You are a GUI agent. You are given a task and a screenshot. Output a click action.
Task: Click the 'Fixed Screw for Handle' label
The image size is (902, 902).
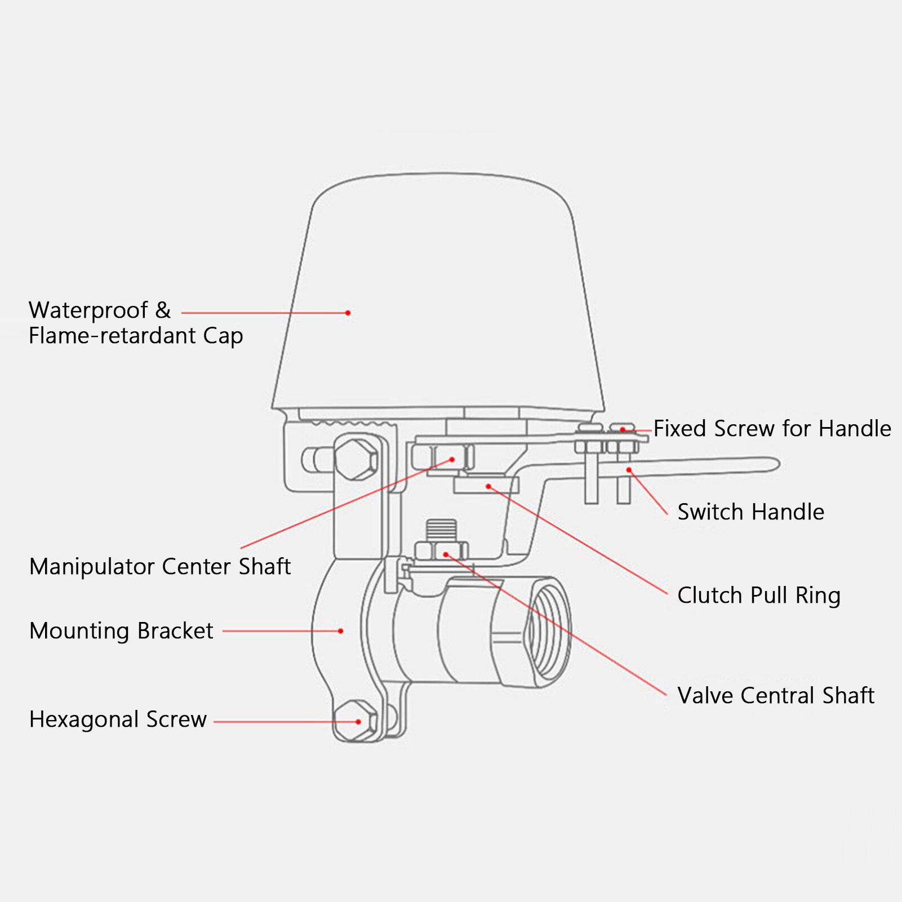click(x=772, y=429)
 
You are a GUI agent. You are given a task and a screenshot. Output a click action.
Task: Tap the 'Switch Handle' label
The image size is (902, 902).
click(x=750, y=512)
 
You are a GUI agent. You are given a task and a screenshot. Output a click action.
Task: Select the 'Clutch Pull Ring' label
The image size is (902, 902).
click(x=758, y=596)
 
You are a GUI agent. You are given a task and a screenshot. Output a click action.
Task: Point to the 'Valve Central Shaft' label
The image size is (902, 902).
click(x=775, y=696)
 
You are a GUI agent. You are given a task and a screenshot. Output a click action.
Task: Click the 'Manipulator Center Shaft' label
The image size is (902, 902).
click(x=160, y=567)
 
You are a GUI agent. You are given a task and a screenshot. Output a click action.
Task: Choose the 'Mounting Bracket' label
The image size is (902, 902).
click(x=121, y=631)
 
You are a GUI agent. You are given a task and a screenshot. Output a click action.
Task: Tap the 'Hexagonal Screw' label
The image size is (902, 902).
click(x=118, y=719)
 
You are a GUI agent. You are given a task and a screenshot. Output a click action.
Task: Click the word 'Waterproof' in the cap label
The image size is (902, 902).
click(x=88, y=310)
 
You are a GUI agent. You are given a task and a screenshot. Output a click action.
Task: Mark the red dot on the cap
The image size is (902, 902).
click(x=348, y=313)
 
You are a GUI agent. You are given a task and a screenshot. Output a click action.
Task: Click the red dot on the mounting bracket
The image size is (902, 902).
click(x=341, y=631)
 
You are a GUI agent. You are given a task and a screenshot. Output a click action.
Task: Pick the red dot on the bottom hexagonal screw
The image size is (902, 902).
click(x=358, y=722)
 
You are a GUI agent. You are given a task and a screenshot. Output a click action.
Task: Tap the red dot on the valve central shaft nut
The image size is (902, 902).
click(x=446, y=555)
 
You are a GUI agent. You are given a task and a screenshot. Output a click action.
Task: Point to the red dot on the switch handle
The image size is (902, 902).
click(x=629, y=470)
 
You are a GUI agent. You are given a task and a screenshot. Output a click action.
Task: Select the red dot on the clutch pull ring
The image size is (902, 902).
click(x=488, y=486)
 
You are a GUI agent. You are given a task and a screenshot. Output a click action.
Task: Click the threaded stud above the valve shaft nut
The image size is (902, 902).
click(x=441, y=530)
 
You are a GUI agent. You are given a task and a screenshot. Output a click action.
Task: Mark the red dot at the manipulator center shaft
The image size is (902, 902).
click(x=452, y=460)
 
